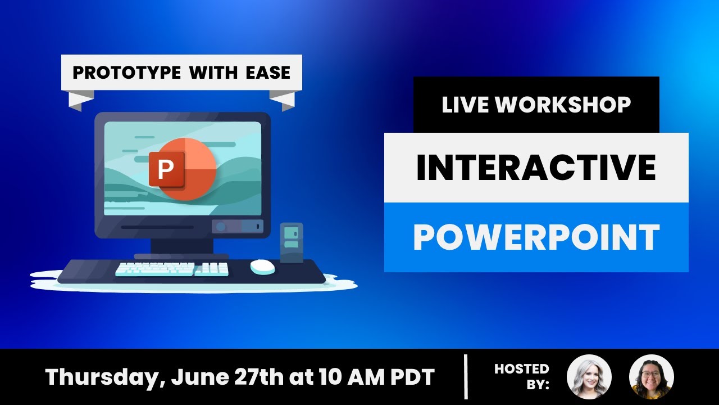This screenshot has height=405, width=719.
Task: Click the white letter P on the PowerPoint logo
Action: coord(165,169)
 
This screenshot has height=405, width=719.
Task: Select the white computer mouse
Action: coord(262,267)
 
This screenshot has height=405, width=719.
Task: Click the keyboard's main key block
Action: coord(154,269)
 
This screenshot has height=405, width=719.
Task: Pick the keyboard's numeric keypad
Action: coord(212,269)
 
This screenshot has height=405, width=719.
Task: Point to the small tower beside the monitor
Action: coord(291,242)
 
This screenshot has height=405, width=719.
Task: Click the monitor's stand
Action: coord(181,247)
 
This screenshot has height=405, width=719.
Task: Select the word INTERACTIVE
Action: coord(536,168)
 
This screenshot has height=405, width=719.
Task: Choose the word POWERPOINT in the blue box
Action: coord(536,237)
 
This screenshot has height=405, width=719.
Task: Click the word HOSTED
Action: coord(521,369)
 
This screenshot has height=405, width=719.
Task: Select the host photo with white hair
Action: coord(589,377)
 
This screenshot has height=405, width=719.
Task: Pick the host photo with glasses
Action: coord(651,377)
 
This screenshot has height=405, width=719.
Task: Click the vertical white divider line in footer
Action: coord(466,376)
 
